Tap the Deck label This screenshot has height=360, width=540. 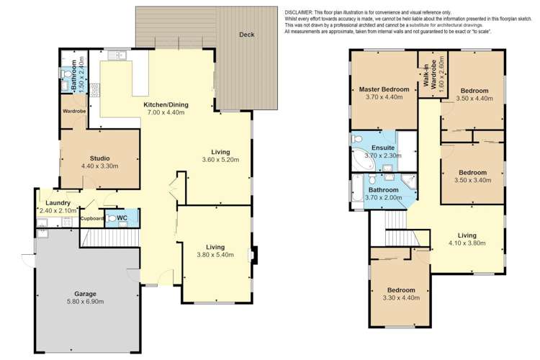(x=247, y=34)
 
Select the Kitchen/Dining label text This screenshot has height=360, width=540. (x=166, y=105)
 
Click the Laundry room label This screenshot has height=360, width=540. (x=58, y=203)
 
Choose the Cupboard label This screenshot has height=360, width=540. (x=92, y=218)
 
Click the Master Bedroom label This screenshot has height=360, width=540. (x=384, y=89)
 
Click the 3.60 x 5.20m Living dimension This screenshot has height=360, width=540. (x=220, y=160)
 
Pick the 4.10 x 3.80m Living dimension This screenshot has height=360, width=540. (x=467, y=243)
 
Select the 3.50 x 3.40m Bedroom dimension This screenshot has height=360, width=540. (x=473, y=181)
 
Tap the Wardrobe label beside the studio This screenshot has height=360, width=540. (x=74, y=112)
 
